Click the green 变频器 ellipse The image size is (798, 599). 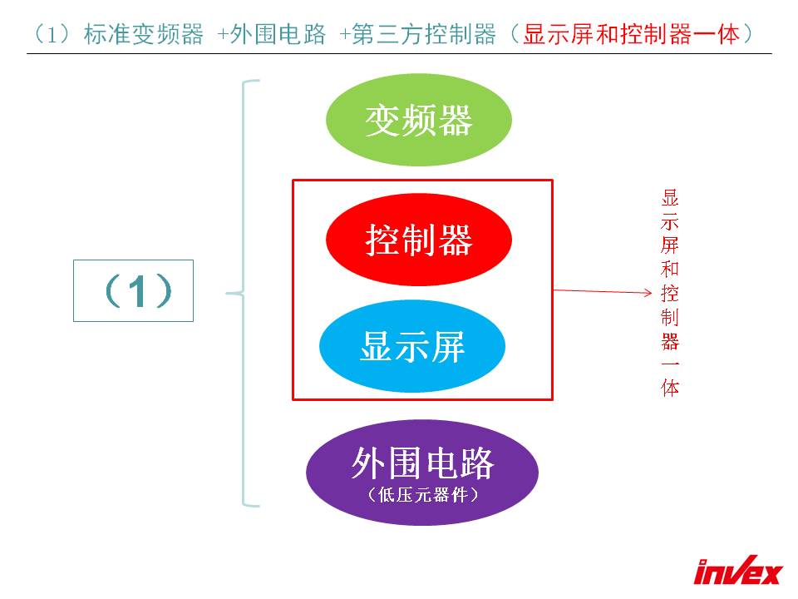click(418, 120)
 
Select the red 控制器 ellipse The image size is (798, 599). click(418, 240)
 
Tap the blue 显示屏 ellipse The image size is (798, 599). click(412, 346)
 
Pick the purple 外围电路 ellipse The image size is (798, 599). click(422, 473)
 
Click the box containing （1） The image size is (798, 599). click(133, 291)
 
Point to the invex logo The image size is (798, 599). click(738, 570)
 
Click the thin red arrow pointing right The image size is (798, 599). click(603, 291)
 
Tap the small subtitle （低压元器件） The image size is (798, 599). click(422, 494)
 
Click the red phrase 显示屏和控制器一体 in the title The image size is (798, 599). click(631, 35)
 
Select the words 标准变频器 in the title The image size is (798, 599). click(144, 35)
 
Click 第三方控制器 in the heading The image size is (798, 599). click(423, 35)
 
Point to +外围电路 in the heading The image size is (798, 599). click(271, 35)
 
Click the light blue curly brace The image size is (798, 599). click(243, 294)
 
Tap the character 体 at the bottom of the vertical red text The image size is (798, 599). click(670, 387)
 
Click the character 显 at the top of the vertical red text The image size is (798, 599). click(670, 198)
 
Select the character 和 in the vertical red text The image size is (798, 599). click(670, 269)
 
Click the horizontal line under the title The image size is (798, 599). click(399, 53)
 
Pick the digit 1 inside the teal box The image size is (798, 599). click(137, 291)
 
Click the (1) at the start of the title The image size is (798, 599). click(52, 35)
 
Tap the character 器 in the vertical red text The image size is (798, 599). click(670, 340)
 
